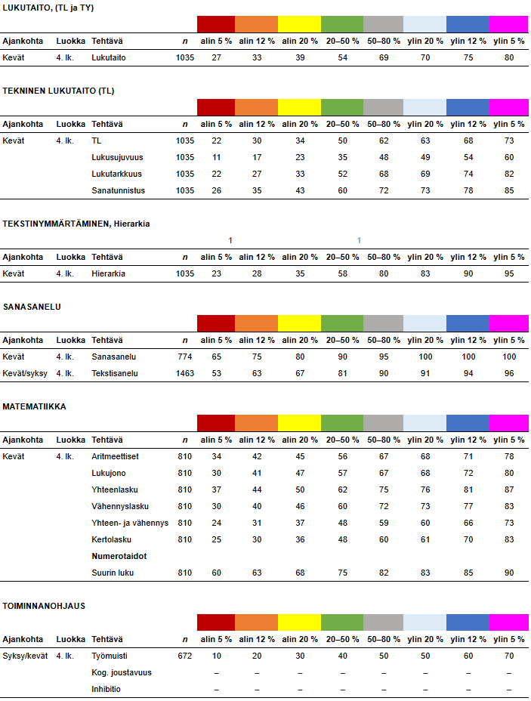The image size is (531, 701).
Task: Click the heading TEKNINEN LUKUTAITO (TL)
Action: point(58,91)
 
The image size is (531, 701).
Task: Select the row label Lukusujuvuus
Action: point(117,157)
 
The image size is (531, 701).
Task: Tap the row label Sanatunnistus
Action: point(118,190)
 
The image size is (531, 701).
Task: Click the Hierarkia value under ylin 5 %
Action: point(509,273)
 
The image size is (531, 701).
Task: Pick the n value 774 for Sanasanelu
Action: point(184,357)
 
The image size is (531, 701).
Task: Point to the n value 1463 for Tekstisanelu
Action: point(184,373)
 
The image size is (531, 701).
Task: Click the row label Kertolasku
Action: point(112,539)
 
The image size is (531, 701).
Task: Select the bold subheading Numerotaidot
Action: point(119,556)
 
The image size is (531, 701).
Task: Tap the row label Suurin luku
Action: point(113,573)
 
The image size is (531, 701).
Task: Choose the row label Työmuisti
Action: point(108,656)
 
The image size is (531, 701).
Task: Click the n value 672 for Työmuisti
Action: point(184,656)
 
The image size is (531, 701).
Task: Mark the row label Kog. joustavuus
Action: point(122,672)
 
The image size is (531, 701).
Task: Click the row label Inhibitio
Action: point(107,689)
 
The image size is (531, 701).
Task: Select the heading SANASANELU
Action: point(32,307)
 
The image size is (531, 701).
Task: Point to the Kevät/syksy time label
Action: point(27,373)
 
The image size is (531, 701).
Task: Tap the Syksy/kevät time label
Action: point(27,656)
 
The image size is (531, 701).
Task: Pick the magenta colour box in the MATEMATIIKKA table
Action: point(509,423)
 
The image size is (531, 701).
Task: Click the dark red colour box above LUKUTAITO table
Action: point(216,23)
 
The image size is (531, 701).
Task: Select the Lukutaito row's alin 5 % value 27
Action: point(216,57)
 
